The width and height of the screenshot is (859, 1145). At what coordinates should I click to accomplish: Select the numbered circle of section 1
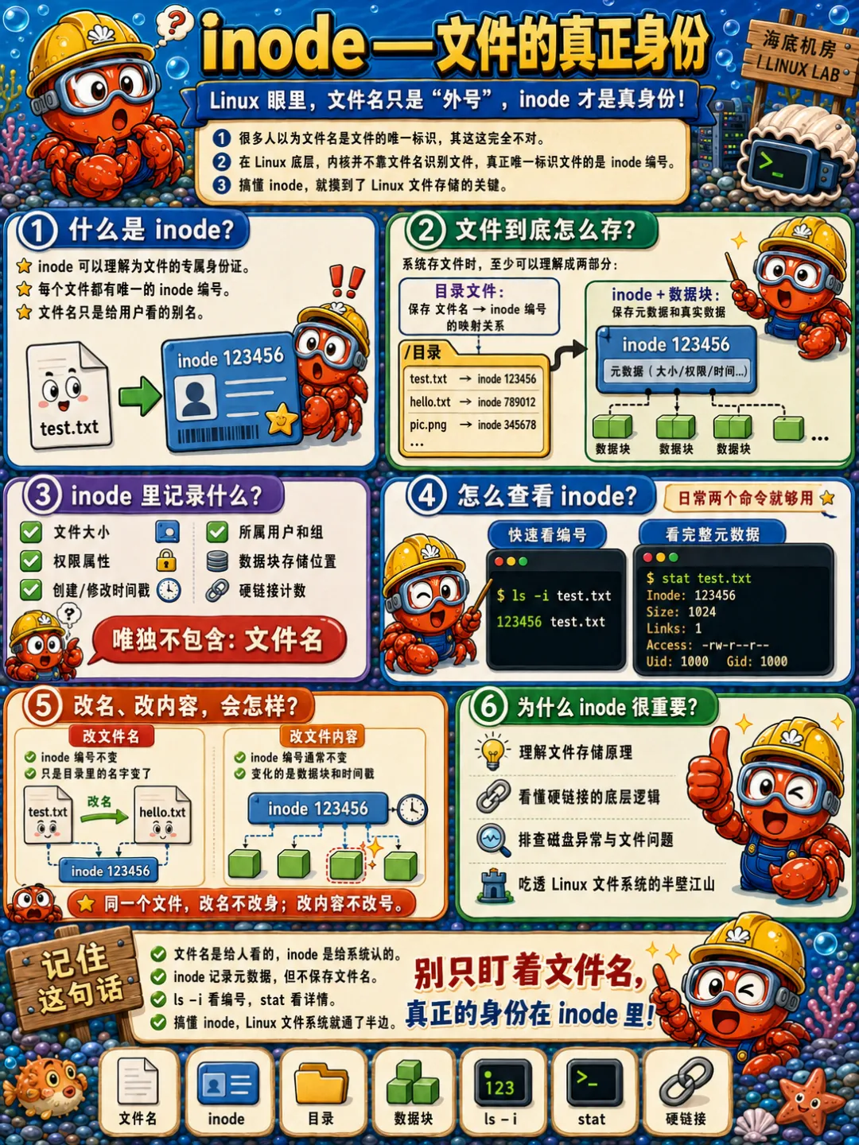(37, 231)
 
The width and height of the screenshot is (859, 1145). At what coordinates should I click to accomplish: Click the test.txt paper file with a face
(69, 395)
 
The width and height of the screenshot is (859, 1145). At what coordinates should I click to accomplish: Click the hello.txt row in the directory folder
(472, 402)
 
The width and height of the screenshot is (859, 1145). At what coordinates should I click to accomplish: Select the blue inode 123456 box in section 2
(676, 359)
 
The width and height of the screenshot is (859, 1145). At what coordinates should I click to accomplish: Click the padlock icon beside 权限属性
(166, 561)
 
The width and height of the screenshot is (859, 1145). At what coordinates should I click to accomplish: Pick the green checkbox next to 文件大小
(31, 532)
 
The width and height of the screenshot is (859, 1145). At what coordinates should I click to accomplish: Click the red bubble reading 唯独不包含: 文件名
(218, 640)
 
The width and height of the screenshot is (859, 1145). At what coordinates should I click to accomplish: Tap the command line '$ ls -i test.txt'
(554, 596)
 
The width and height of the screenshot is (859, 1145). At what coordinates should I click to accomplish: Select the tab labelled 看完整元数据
(713, 534)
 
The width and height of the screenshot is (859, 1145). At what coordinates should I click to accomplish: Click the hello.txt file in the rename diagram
(162, 815)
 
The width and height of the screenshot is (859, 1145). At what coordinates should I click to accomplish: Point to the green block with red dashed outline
(345, 865)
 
